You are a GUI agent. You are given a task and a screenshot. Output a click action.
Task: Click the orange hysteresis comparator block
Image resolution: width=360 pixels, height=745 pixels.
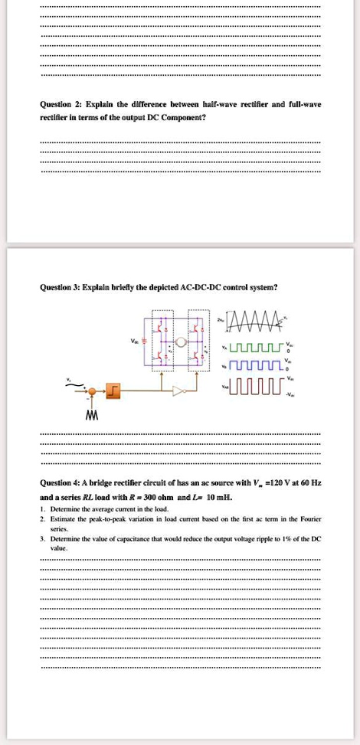[x=114, y=391]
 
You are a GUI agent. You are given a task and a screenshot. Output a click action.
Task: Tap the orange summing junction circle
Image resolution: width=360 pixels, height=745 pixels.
[x=92, y=391]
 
